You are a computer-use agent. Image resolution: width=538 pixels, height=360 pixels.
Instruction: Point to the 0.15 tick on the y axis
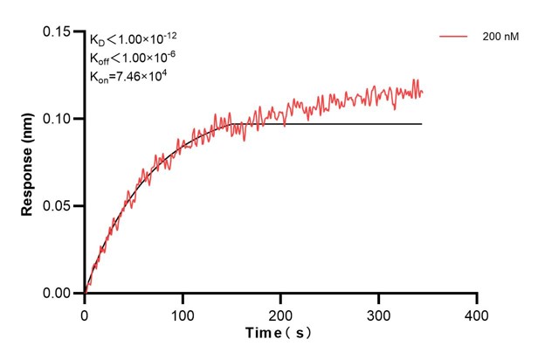[58, 31]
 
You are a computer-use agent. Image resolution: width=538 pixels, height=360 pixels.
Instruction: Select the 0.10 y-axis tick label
[58, 119]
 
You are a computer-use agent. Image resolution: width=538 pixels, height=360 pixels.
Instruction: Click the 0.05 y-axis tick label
[58, 206]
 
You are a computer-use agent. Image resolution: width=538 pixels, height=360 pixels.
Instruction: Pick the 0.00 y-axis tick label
[58, 294]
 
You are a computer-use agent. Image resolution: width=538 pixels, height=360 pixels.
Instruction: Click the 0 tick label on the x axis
[85, 313]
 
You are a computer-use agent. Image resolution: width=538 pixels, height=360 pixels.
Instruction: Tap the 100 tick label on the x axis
[183, 313]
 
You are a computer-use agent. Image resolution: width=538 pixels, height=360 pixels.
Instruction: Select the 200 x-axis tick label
[280, 313]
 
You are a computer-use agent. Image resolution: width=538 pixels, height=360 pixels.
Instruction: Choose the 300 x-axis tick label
[378, 313]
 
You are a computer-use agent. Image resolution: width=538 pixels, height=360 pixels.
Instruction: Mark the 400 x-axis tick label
[476, 313]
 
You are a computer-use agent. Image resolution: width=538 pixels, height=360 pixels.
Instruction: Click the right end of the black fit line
[422, 124]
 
